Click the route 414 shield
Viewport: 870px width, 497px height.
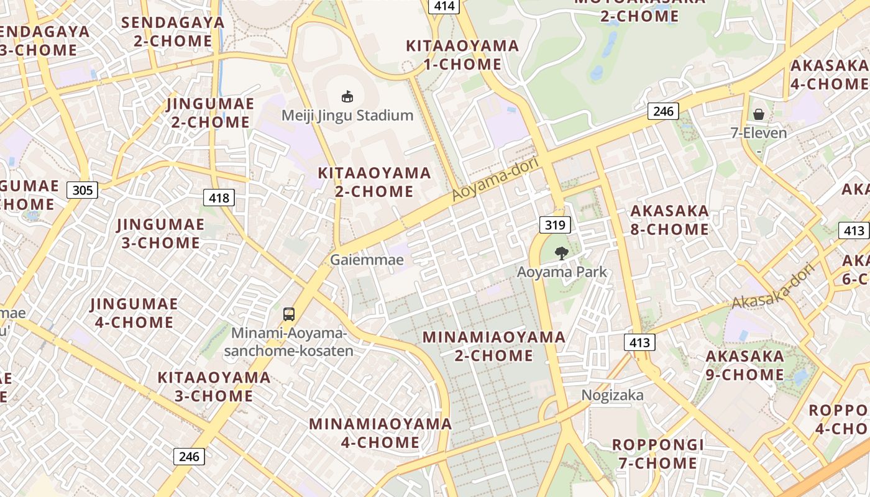[444, 6]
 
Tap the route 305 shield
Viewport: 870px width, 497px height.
[83, 189]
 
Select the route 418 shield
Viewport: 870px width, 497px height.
[219, 198]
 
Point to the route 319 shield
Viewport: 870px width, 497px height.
[554, 225]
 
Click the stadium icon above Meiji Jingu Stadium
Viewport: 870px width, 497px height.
[347, 97]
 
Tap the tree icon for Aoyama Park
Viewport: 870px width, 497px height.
[562, 253]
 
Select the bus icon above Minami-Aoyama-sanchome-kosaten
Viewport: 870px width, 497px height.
[289, 314]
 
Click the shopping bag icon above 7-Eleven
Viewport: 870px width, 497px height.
[759, 114]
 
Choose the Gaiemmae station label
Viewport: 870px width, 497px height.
[367, 260]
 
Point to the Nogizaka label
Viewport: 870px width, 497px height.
[612, 395]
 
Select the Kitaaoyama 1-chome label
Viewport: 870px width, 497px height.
[462, 55]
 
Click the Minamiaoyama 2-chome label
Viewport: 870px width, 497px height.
[494, 346]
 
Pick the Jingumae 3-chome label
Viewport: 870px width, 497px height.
[161, 233]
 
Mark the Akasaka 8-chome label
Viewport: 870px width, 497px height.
[669, 220]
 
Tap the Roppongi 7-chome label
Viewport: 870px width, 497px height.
[658, 454]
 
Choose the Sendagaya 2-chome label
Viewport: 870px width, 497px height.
[173, 32]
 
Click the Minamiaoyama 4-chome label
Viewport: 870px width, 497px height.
[380, 433]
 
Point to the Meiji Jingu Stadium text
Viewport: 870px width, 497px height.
[347, 116]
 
